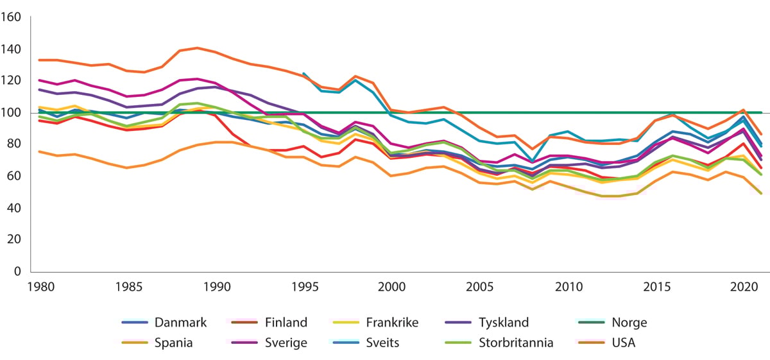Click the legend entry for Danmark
[x=180, y=323]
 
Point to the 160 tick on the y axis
[x=12, y=18]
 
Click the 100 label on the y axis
[x=12, y=113]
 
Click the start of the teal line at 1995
[x=304, y=73]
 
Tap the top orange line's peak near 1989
[x=197, y=48]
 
